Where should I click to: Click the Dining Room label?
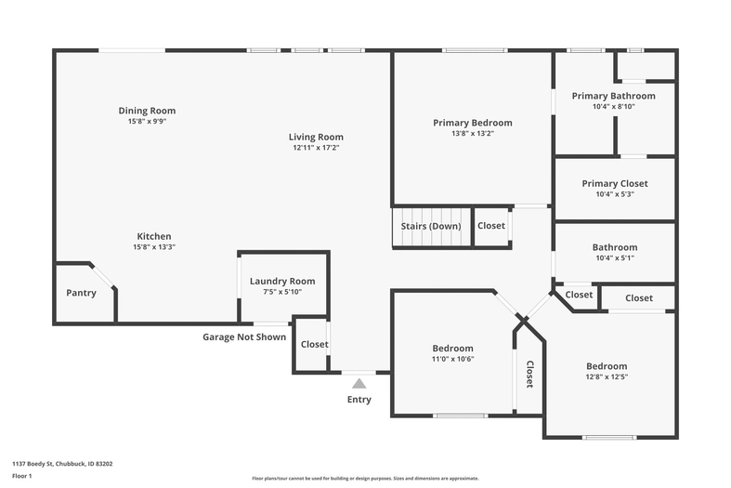click(147, 111)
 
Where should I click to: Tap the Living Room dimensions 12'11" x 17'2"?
click(316, 148)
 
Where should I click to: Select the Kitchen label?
click(154, 236)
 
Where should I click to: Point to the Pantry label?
click(81, 293)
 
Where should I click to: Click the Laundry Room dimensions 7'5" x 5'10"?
click(282, 292)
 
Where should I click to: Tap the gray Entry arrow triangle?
click(359, 384)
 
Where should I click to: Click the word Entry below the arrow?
click(359, 400)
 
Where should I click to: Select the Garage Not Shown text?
click(244, 336)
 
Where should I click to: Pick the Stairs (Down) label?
click(431, 226)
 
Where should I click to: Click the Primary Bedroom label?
click(473, 123)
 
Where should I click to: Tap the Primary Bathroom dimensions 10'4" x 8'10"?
click(614, 106)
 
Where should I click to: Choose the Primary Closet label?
click(615, 183)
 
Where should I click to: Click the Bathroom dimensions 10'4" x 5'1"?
click(615, 258)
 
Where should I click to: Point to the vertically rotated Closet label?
click(530, 375)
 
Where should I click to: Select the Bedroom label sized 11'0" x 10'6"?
click(452, 348)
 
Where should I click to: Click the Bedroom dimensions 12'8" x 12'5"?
click(607, 377)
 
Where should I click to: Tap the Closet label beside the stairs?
click(491, 226)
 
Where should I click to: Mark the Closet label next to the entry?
click(315, 344)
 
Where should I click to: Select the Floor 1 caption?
click(22, 476)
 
